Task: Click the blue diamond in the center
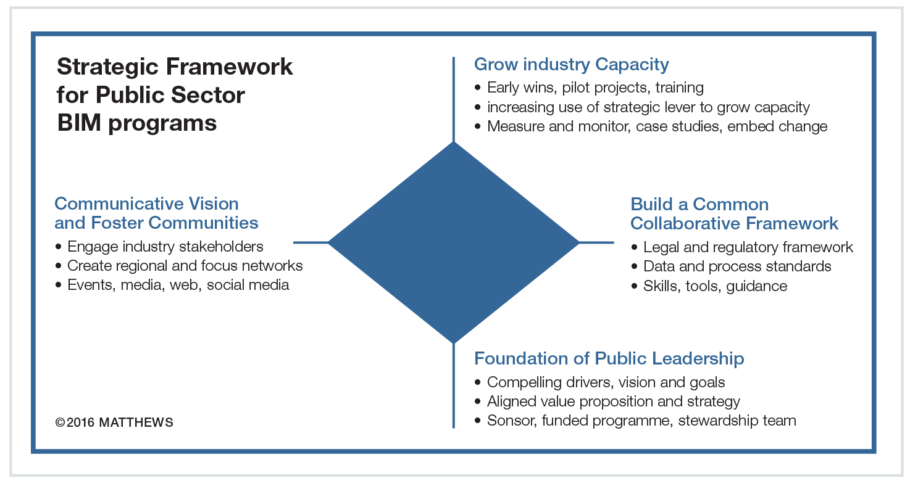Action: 453,242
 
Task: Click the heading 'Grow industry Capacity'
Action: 571,65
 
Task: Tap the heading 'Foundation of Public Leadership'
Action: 609,358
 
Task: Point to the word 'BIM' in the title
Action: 79,123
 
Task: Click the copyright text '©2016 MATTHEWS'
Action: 114,422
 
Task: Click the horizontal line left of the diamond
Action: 311,242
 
